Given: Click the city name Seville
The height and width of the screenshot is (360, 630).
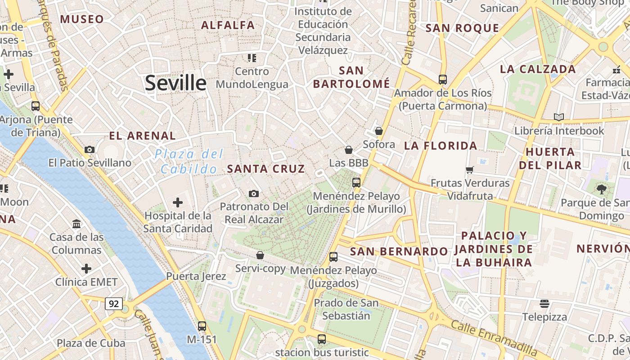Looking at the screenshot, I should (x=175, y=83).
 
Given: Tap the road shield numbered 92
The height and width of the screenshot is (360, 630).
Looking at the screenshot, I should (x=114, y=304).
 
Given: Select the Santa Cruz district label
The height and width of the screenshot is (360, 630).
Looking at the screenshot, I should (x=266, y=169).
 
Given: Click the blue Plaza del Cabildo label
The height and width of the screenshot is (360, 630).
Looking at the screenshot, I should (x=189, y=162).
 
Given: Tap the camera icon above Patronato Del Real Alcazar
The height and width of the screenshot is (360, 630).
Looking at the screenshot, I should (x=254, y=193).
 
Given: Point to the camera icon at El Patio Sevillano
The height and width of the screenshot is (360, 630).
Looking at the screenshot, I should (x=90, y=149).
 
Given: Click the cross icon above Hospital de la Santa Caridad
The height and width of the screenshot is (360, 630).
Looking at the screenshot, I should (x=178, y=202).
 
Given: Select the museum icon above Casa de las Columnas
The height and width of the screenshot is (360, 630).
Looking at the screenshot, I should (x=76, y=224).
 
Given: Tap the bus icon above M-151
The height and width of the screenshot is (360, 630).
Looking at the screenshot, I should (x=202, y=326).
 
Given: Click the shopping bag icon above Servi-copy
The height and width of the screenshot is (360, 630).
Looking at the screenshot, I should (x=260, y=255).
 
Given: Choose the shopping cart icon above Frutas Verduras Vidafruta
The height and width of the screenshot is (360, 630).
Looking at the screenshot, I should (x=470, y=170).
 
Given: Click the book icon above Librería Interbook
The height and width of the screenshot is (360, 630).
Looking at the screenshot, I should (x=559, y=117).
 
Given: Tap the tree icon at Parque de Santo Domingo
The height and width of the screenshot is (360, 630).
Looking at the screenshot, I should (x=602, y=189).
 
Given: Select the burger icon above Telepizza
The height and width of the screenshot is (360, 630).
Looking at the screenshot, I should (x=544, y=303).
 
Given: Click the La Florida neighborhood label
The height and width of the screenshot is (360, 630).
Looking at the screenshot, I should (x=441, y=145).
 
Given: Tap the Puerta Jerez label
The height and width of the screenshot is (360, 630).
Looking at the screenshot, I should (x=196, y=276).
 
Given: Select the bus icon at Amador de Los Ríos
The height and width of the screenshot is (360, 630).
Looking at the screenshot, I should (x=443, y=80).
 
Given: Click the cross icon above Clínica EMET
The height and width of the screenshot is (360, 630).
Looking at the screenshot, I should (x=86, y=269).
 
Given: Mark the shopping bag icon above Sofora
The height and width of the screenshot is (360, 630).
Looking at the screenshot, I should (x=379, y=131).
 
